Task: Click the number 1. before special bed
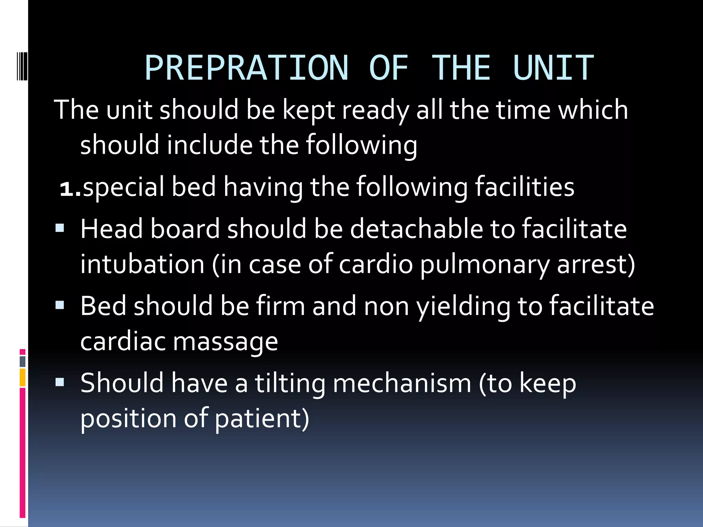click(x=70, y=188)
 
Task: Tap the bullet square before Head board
click(x=60, y=228)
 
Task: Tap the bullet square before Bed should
click(x=60, y=305)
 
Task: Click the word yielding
click(x=463, y=306)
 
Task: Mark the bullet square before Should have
click(x=60, y=382)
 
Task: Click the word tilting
click(x=290, y=383)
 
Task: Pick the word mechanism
click(x=402, y=383)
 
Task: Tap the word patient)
click(x=262, y=419)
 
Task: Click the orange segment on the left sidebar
click(x=22, y=377)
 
